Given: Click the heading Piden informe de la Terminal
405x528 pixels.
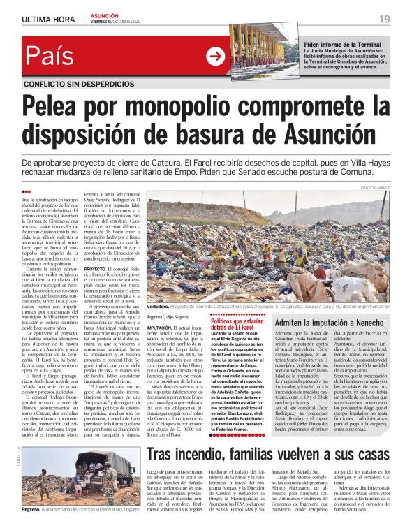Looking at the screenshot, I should coord(342,44).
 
